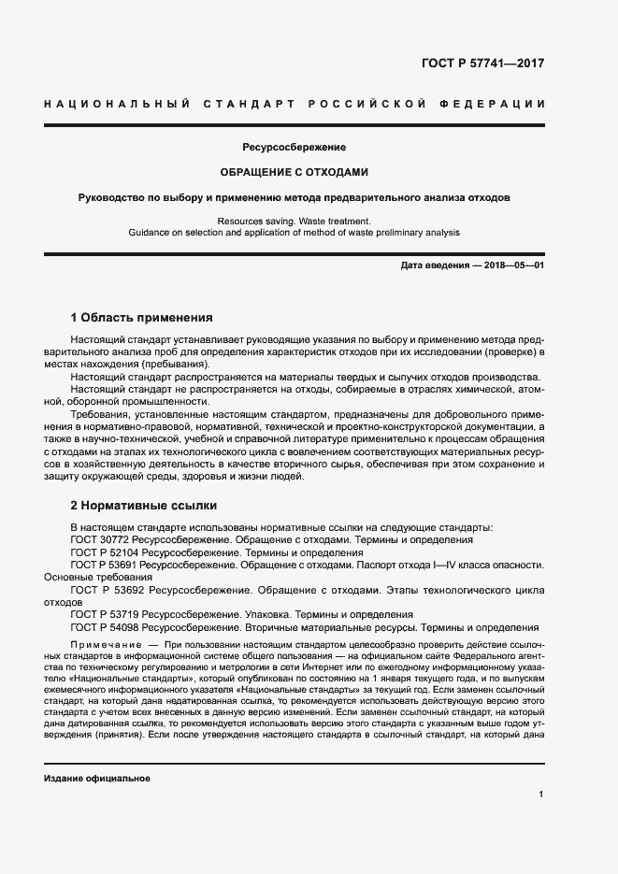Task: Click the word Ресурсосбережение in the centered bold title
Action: [x=295, y=148]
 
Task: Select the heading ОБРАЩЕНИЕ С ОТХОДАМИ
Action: [x=295, y=173]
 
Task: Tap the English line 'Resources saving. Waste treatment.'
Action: [x=294, y=221]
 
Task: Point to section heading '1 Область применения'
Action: [x=142, y=318]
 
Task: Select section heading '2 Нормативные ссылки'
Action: [x=144, y=506]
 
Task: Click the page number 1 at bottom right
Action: [x=541, y=795]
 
